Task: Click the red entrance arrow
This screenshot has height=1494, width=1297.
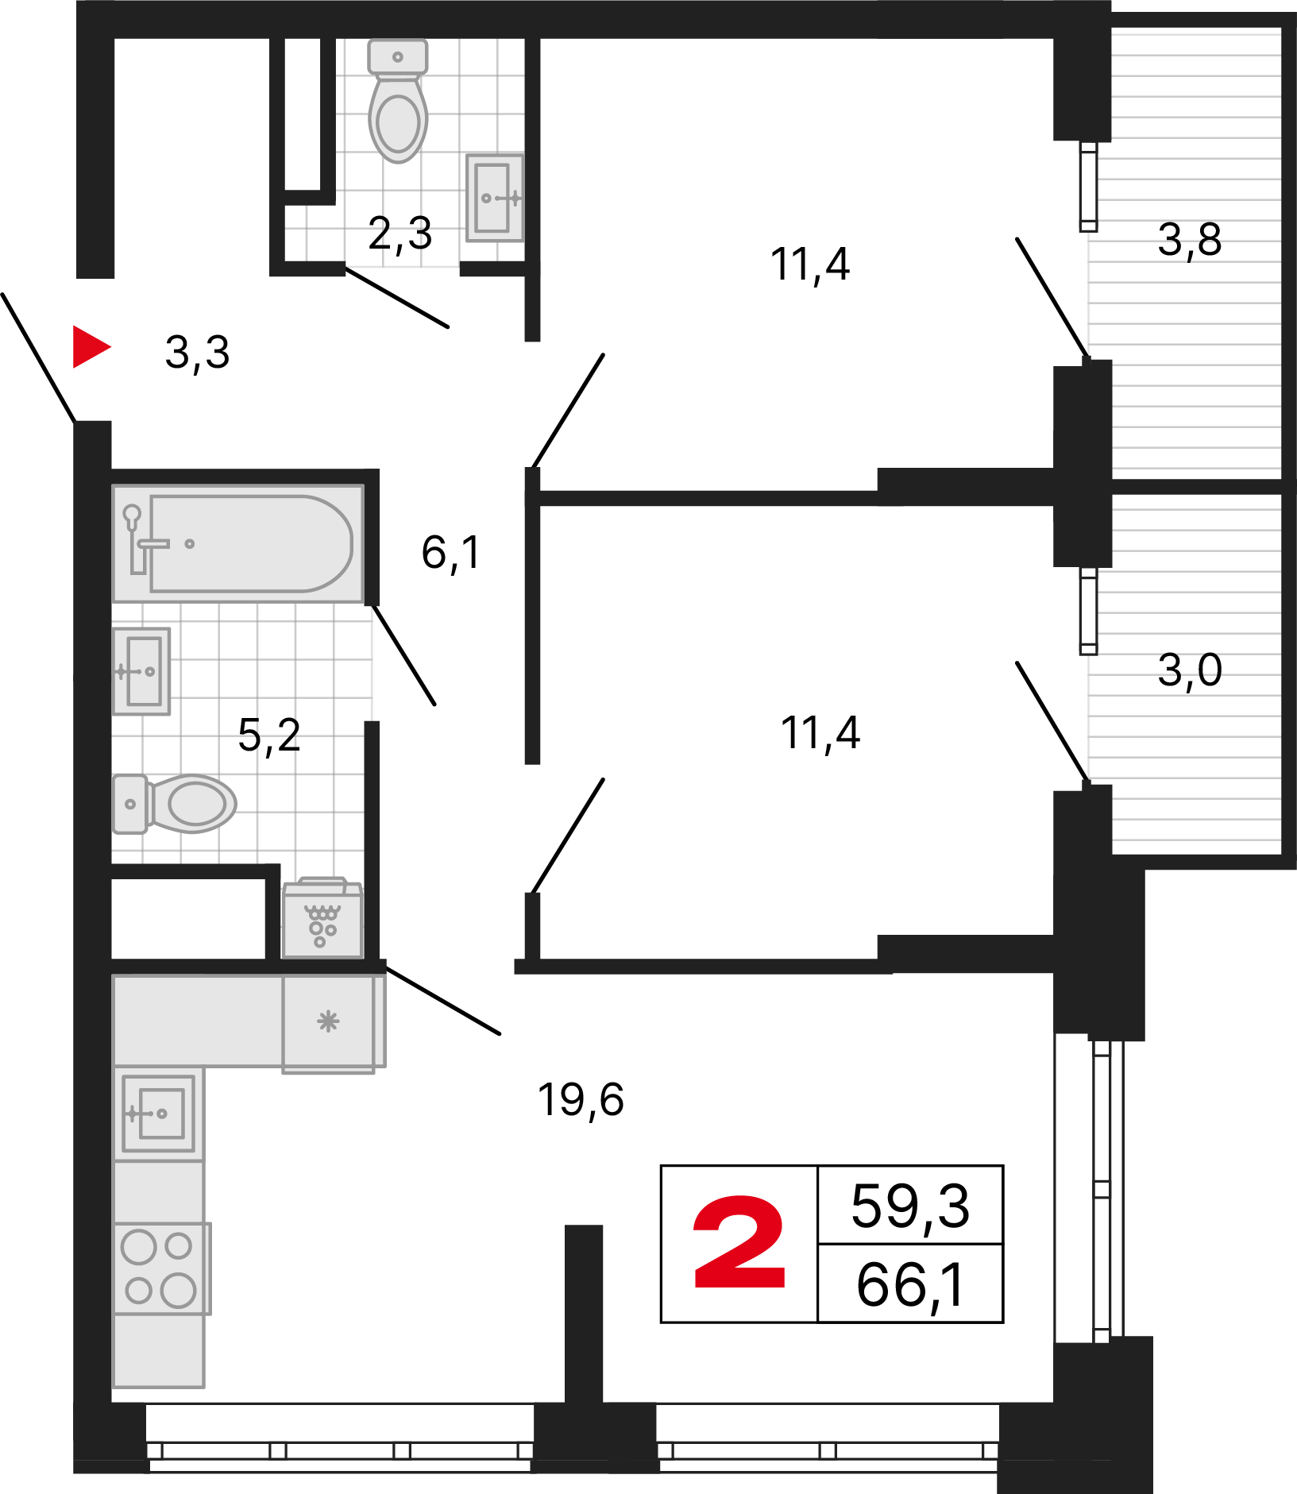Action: (x=90, y=346)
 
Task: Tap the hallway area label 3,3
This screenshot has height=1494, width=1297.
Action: (x=197, y=353)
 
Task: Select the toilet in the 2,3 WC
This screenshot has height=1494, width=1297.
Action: (x=398, y=101)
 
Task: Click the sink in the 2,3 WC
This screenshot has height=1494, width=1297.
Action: (x=495, y=198)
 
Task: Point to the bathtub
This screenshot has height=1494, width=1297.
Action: (x=238, y=543)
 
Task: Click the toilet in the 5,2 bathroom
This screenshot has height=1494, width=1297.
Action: (x=174, y=804)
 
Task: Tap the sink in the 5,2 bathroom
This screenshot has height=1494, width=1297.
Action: (x=141, y=671)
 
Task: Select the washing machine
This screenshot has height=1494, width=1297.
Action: (x=322, y=918)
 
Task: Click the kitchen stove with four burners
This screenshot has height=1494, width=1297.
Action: (x=162, y=1268)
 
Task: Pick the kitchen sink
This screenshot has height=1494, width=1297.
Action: (x=159, y=1113)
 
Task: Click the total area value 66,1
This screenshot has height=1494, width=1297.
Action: (x=910, y=1285)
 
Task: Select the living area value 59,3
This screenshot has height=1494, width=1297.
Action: (x=910, y=1206)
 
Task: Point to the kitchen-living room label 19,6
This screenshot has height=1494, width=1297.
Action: (x=581, y=1100)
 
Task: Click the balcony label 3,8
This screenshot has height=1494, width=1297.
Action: (x=1190, y=240)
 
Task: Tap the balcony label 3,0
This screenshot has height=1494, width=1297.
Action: (x=1190, y=670)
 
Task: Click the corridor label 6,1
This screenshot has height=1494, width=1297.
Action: (x=451, y=553)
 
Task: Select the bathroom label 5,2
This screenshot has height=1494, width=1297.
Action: (x=269, y=735)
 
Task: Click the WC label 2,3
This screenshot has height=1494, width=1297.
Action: (x=400, y=234)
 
